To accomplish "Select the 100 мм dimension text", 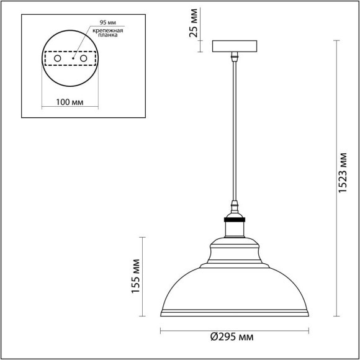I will pos(69,101).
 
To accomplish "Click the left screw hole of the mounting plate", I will pos(57,58).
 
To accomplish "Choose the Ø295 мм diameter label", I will pos(232,337).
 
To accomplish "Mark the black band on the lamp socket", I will pos(235,218).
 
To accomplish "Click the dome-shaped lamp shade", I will pos(235,286).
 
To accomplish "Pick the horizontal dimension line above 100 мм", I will pos(69,107).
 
